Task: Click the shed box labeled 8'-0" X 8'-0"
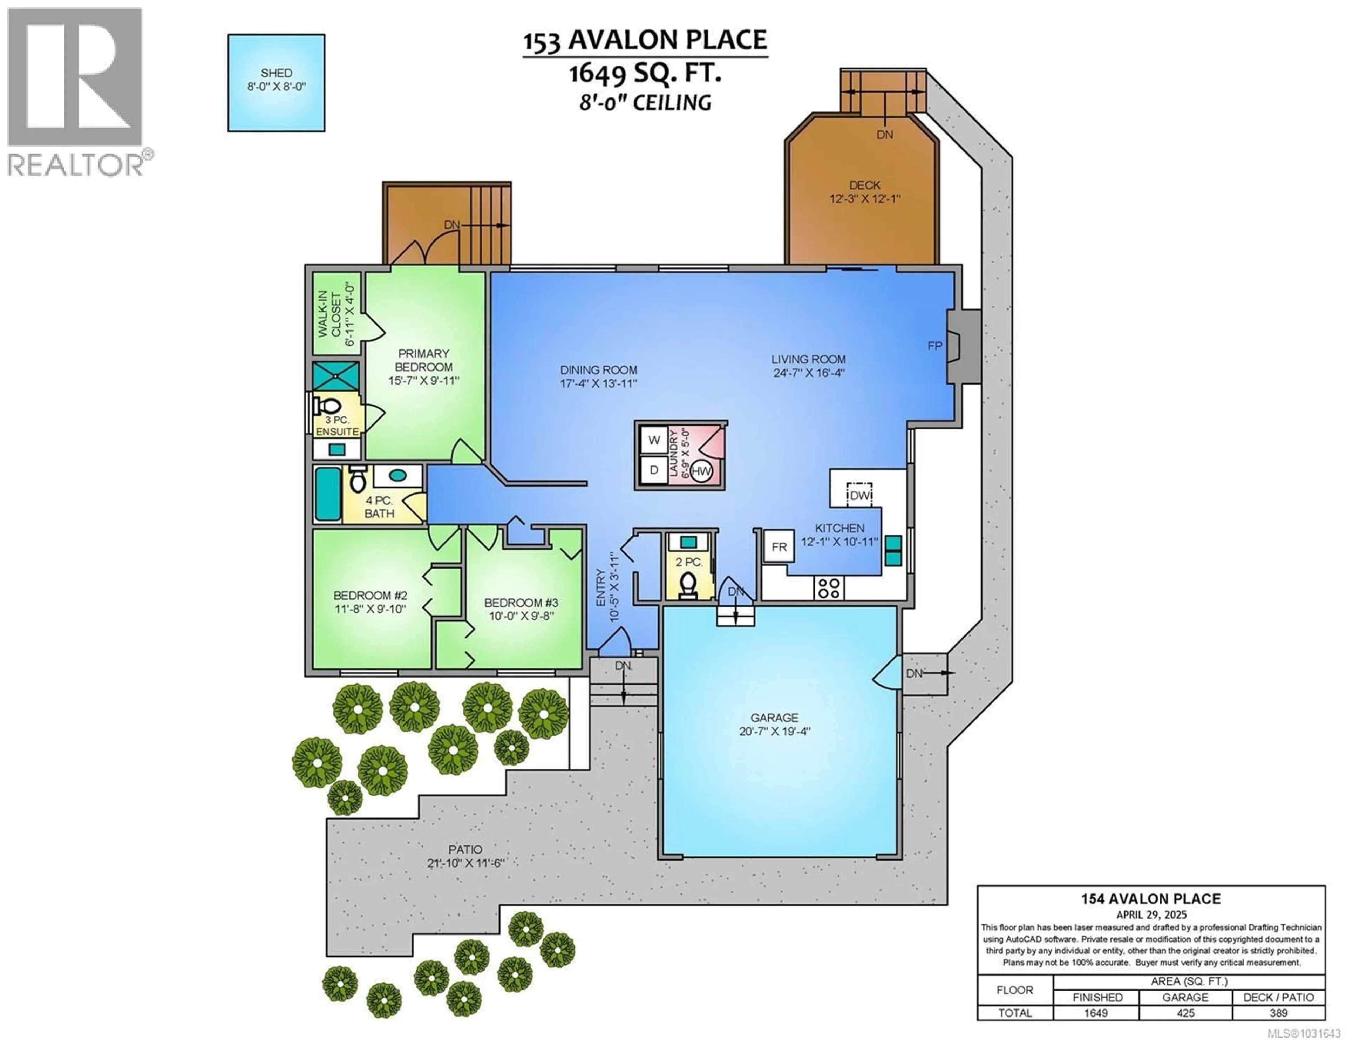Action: pos(276,83)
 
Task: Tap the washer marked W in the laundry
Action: pos(654,440)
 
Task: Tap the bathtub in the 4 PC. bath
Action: pos(328,494)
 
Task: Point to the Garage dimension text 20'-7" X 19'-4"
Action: pos(775,732)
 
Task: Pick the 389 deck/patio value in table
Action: pos(1278,1013)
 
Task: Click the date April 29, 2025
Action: pos(1151,915)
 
